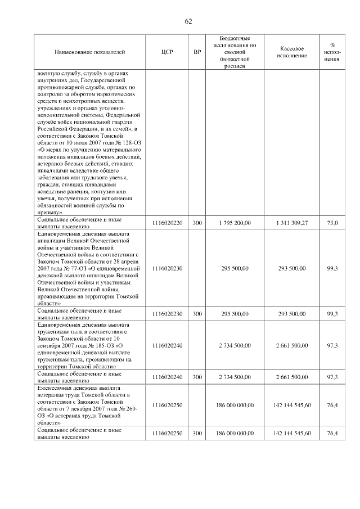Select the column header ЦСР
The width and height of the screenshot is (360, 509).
(167, 52)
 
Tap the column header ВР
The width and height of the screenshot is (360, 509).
(197, 52)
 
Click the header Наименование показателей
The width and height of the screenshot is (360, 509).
(89, 52)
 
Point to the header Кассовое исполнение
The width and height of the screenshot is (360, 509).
(292, 52)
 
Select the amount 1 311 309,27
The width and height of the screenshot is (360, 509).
(292, 223)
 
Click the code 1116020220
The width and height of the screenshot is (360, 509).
(167, 223)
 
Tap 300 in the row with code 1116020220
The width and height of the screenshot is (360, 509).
(197, 223)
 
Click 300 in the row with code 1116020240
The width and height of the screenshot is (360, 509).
(197, 377)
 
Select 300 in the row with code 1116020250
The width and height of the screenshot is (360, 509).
(197, 433)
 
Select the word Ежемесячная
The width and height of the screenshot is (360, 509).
(55, 388)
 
